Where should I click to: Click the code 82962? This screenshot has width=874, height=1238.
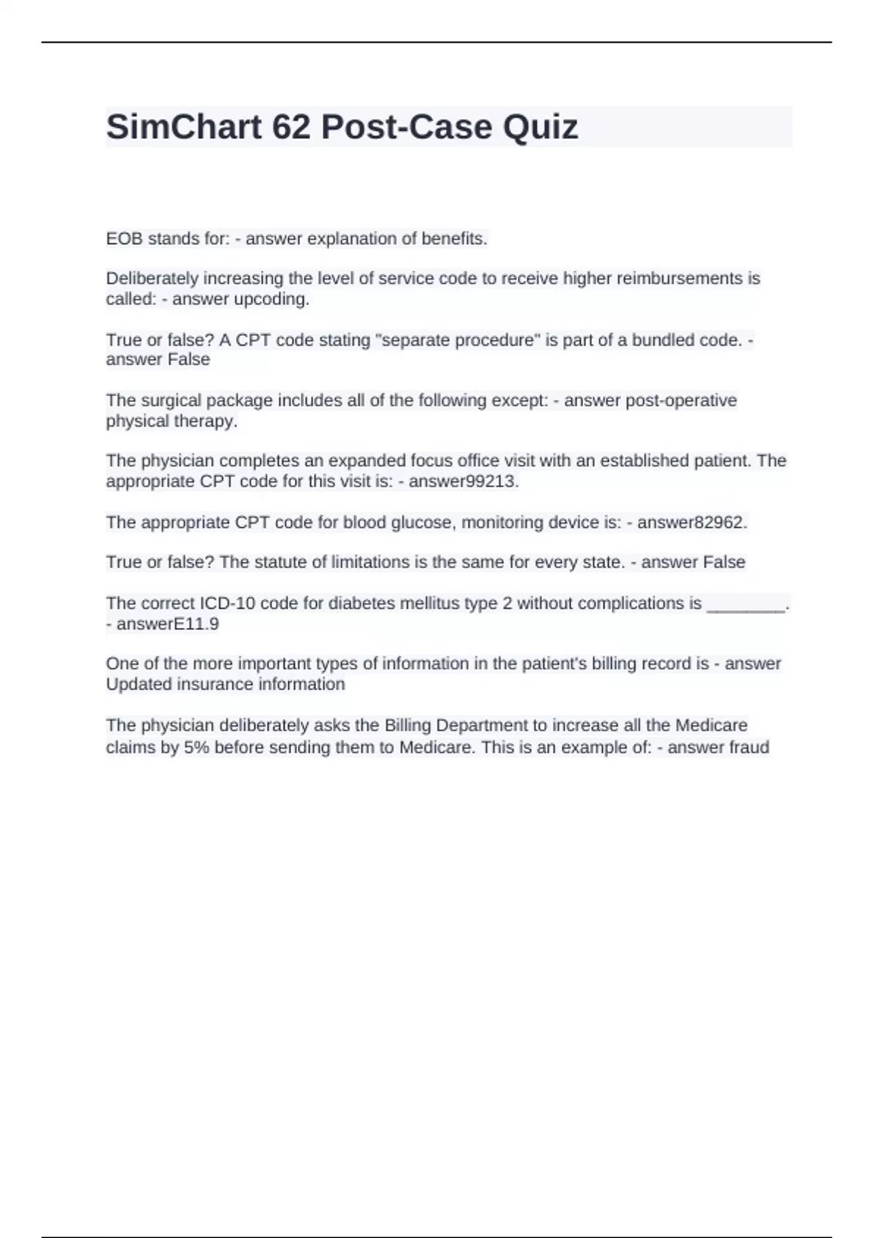717,523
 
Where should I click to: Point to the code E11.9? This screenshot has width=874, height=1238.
196,624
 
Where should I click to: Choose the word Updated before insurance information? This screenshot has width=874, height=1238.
135,685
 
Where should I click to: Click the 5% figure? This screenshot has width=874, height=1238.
196,748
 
